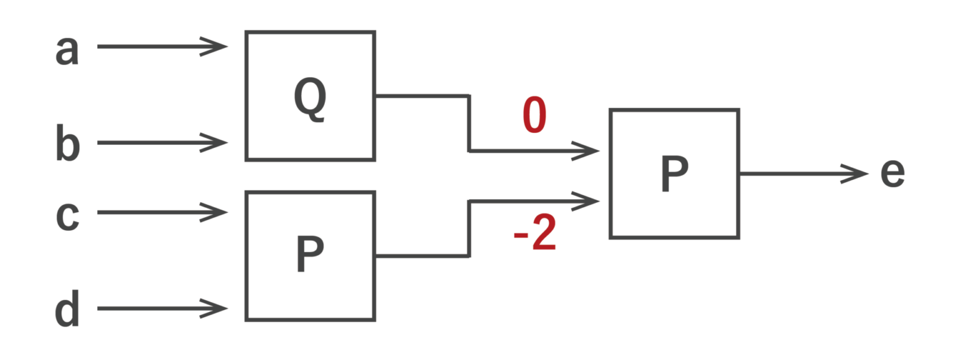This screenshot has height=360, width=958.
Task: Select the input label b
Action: [x=67, y=143]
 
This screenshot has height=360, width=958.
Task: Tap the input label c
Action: [x=67, y=216]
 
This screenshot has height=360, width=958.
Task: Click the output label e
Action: [x=893, y=174]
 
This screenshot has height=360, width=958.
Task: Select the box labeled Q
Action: [x=311, y=95]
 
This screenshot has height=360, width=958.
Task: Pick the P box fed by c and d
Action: [x=311, y=256]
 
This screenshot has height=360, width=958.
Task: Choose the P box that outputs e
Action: [x=674, y=174]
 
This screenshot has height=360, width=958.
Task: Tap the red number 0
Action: [x=535, y=116]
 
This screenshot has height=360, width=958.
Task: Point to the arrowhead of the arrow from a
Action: [x=216, y=46]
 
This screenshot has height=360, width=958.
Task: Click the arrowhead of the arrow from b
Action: [x=216, y=143]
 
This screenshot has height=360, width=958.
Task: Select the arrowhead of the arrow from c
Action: [x=216, y=212]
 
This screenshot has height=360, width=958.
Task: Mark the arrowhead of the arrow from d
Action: [x=216, y=308]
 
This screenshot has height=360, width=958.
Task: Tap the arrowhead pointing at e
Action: [x=856, y=174]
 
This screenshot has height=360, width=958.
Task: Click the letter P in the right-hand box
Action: [x=674, y=175]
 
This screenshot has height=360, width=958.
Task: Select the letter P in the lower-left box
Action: [x=309, y=255]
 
